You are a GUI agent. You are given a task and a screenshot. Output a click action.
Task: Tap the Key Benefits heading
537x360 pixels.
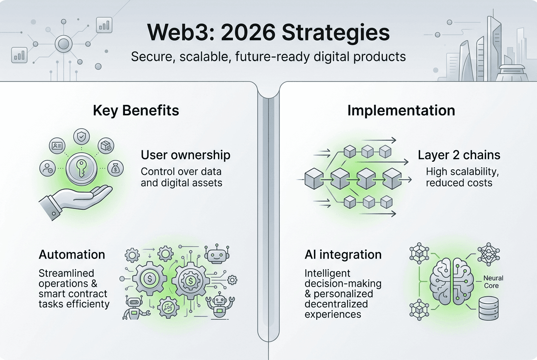[136, 111]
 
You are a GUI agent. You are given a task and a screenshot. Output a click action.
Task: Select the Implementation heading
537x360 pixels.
[401, 111]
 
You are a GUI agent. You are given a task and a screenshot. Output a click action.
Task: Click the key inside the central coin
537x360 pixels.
[81, 169]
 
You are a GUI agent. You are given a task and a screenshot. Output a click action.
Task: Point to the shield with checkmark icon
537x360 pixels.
[82, 137]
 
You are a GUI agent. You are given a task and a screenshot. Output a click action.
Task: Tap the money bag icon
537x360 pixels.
[116, 168]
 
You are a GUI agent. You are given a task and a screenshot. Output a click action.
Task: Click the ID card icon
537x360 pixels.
[57, 146]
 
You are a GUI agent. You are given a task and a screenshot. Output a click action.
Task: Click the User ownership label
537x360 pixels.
[186, 155]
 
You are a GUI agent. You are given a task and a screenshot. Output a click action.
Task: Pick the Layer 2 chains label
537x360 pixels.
[459, 155]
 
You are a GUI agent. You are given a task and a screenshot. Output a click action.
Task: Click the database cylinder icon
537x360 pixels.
[489, 308]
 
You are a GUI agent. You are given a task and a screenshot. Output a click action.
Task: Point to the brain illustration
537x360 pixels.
[452, 281]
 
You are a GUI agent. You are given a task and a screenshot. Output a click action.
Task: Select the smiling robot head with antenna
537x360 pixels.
[217, 254]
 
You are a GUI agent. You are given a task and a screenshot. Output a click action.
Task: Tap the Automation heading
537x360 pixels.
[72, 254]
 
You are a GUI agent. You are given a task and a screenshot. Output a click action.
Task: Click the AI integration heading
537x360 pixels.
[343, 254]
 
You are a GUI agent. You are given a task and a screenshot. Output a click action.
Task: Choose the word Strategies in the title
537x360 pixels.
[336, 33]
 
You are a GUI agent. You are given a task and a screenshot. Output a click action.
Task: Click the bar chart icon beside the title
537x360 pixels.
[104, 25]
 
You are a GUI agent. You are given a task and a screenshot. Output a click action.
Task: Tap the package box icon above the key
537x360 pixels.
[106, 146]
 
